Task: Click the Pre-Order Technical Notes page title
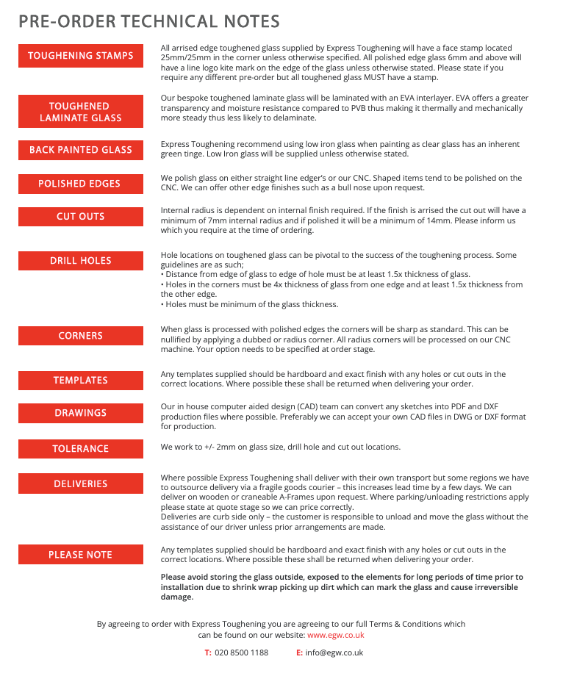(x=149, y=21)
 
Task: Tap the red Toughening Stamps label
(x=81, y=56)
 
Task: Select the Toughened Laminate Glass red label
(x=81, y=112)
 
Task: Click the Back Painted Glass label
(x=81, y=150)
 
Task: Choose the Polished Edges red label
(x=81, y=184)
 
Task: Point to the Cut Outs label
(x=81, y=217)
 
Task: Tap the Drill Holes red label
(x=81, y=261)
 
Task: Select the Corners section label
(x=81, y=336)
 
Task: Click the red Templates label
(x=81, y=381)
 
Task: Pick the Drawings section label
(x=81, y=413)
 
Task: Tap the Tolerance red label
(x=81, y=449)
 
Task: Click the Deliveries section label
(x=81, y=484)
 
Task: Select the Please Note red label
(x=81, y=555)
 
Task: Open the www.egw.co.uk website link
(x=335, y=635)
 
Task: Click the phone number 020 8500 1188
(x=241, y=652)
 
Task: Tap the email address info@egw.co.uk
(x=334, y=652)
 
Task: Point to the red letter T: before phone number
(x=208, y=652)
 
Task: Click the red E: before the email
(x=299, y=652)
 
